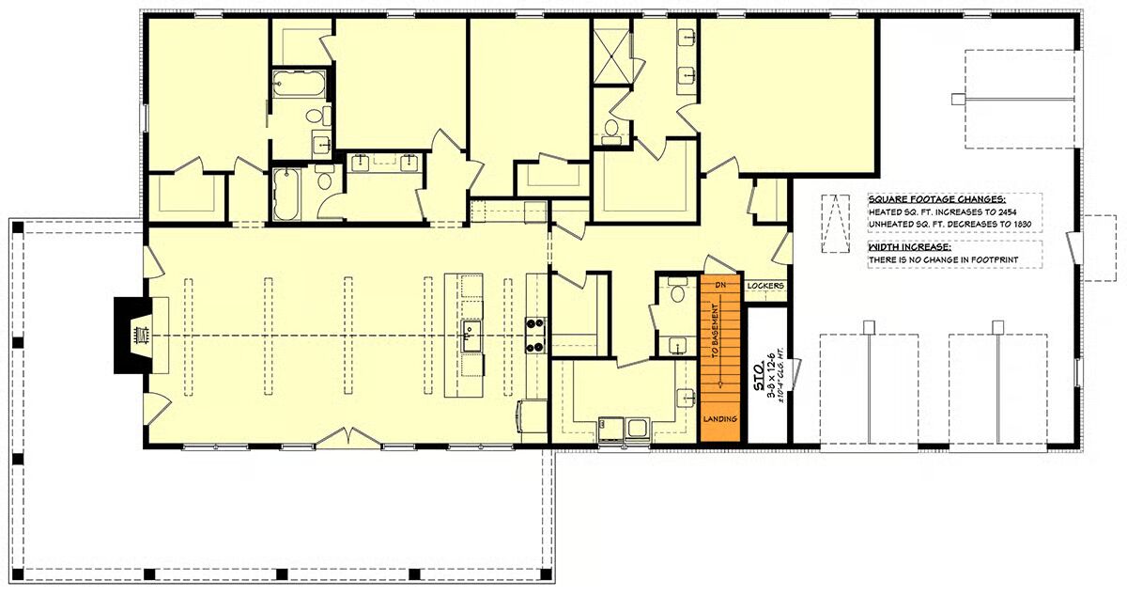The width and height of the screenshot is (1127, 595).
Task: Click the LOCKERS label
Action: point(765,286)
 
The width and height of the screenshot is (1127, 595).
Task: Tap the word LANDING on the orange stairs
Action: point(720,419)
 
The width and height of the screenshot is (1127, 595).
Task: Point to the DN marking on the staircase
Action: point(720,286)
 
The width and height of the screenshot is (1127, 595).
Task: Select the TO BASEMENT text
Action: point(716,331)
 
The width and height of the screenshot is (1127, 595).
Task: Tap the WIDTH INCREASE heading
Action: point(910,247)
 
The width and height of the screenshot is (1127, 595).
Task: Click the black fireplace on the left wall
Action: point(132,336)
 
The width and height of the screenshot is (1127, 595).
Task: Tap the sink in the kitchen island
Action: point(471,336)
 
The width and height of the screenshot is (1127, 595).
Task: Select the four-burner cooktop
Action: point(536,335)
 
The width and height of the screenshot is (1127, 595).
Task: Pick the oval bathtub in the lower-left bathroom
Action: point(286,195)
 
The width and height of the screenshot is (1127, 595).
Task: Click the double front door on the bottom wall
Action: point(348,438)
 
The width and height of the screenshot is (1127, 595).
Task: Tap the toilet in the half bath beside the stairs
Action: point(677,290)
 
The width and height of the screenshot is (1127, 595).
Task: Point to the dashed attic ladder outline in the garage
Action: point(834,224)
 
